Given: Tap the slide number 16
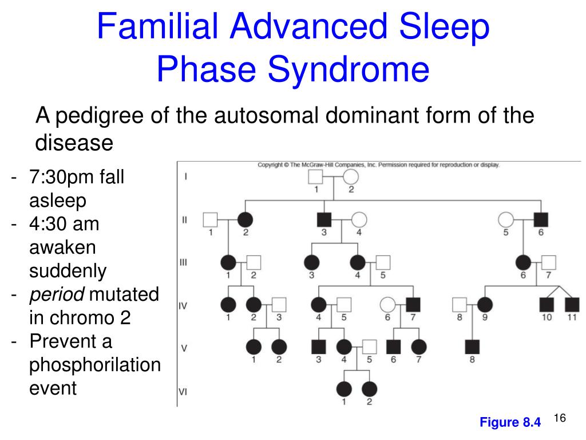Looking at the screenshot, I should [x=560, y=419].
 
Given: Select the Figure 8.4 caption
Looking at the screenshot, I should [x=510, y=423].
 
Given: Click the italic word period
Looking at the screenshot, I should [x=57, y=295].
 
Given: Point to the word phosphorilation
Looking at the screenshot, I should [x=95, y=365].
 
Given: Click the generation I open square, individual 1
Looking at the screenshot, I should [x=316, y=177].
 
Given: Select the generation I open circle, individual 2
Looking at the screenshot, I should [x=350, y=177].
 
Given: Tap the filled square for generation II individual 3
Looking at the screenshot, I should [x=324, y=219].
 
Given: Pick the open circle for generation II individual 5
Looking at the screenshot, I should [x=506, y=219].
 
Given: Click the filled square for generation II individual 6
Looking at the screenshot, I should [x=540, y=219].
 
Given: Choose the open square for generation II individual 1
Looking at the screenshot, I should [x=211, y=219].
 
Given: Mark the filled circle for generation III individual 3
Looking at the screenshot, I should [x=311, y=262].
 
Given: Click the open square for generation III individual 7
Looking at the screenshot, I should [x=548, y=262].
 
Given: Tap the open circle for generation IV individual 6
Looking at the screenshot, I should [x=387, y=305].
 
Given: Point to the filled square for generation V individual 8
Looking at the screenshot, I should [x=472, y=347].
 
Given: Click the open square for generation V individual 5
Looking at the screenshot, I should [x=370, y=347].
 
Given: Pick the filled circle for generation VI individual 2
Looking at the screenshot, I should [x=370, y=389].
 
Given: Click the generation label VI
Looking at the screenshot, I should [x=184, y=392].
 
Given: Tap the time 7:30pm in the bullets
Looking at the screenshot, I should [x=62, y=178].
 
